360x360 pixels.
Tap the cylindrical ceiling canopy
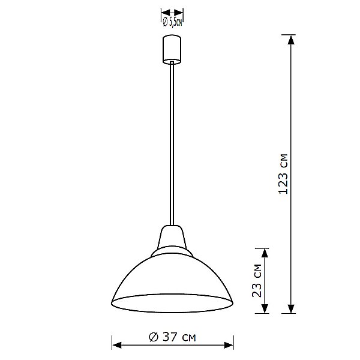pyautogui.click(x=172, y=50)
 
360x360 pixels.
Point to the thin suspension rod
pyautogui.click(x=172, y=144)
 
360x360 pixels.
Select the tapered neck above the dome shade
pyautogui.click(x=172, y=236)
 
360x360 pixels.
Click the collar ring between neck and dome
pyautogui.click(x=172, y=251)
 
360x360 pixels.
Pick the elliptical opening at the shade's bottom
pyautogui.click(x=172, y=304)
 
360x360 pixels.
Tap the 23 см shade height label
pyautogui.click(x=257, y=281)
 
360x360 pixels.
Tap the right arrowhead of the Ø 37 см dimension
pyautogui.click(x=229, y=345)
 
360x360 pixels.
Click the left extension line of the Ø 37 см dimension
pyautogui.click(x=112, y=342)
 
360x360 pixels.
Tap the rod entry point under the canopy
pyautogui.click(x=172, y=62)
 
